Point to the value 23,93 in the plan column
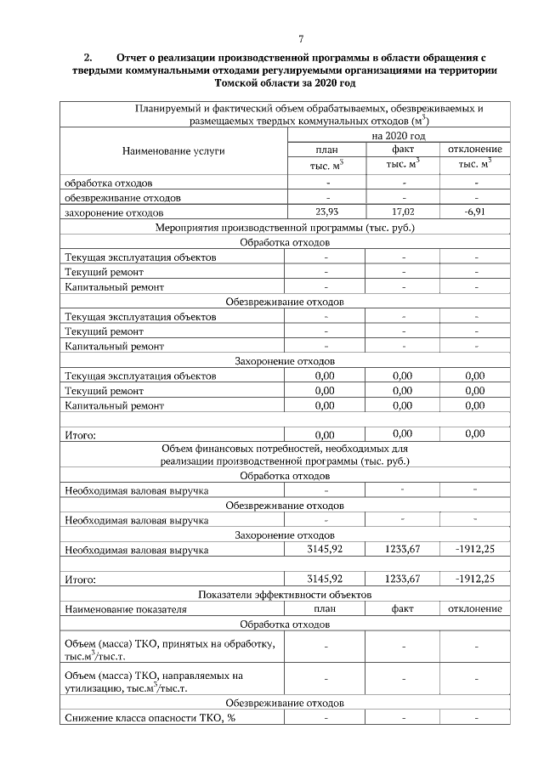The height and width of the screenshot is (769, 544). coord(327,212)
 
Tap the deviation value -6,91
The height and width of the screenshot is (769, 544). coord(475,212)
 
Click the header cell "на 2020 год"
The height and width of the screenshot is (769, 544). coord(398,135)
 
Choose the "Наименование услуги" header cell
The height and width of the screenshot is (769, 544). coord(173,150)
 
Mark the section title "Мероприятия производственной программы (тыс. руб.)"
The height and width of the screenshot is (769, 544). coord(285,228)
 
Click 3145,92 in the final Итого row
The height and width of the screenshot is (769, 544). coord(327,580)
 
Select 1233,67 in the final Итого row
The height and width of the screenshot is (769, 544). coord(403,580)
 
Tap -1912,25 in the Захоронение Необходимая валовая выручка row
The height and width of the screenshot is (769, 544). coord(475,550)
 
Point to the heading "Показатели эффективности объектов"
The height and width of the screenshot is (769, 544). coord(285,595)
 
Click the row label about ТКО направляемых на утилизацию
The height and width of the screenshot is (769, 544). coord(154,681)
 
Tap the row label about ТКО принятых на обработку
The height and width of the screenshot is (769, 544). coord(170,650)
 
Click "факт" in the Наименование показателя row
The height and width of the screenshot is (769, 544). coord(403,609)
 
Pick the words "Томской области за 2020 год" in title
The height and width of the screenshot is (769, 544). coord(285,85)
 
